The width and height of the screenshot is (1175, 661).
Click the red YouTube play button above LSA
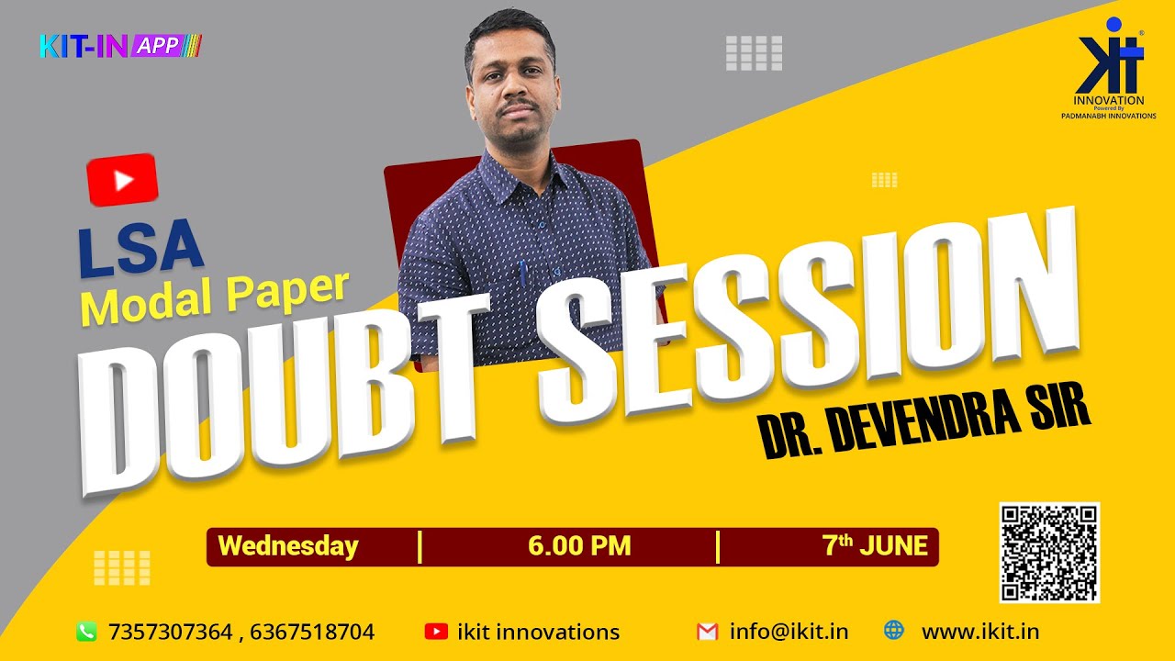(123, 180)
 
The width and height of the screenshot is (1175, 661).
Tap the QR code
(1049, 552)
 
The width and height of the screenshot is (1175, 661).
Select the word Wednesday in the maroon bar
(288, 546)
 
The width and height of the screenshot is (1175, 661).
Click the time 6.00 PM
(579, 546)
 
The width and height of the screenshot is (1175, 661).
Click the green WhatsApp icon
(86, 632)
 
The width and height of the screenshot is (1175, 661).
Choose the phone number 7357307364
(171, 632)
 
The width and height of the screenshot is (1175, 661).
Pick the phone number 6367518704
(312, 632)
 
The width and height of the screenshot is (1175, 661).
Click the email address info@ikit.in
(789, 632)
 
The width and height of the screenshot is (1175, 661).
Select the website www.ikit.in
(980, 632)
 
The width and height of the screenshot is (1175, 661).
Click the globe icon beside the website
(893, 631)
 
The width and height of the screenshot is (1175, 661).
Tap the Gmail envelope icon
(706, 632)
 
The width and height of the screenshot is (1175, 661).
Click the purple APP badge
(160, 45)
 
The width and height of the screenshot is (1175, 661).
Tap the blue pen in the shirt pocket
(523, 273)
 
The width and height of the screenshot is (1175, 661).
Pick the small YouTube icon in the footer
(436, 632)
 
